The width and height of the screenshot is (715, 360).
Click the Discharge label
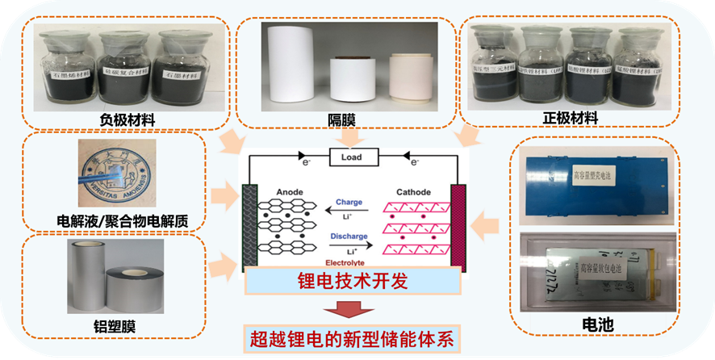click(x=349, y=237)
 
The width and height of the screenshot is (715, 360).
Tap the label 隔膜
click(x=343, y=119)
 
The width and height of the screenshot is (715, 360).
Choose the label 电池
click(x=597, y=325)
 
